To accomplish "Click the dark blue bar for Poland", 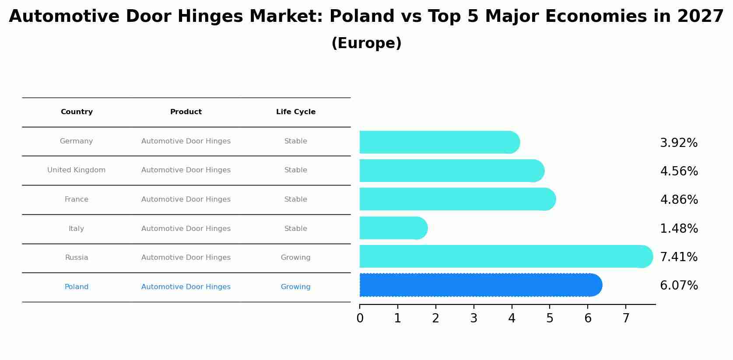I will pos(480,285).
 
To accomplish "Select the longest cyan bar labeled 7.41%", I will pos(505,256).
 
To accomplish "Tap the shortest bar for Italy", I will pos(393,228).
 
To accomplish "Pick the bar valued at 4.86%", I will pos(457,199).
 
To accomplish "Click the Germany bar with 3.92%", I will pos(439,142).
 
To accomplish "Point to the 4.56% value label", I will pos(679,171).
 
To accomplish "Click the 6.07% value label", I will pos(679,286).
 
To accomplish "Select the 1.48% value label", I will pos(679,228).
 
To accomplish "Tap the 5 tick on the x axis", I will pos(550,318).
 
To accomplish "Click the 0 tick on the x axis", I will pos(360,318).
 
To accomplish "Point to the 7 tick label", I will pos(626,318).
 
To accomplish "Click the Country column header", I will pos(77,112).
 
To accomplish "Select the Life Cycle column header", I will pos(295,112).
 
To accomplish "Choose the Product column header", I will pos(186,112).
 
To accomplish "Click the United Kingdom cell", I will pos(77,170).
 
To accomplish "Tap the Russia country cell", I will pos(77,258).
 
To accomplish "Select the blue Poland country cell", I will pos(77,287).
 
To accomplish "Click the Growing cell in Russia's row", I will pos(295,258).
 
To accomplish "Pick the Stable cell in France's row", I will pos(295,199).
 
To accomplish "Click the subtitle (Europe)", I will pos(366,43).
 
